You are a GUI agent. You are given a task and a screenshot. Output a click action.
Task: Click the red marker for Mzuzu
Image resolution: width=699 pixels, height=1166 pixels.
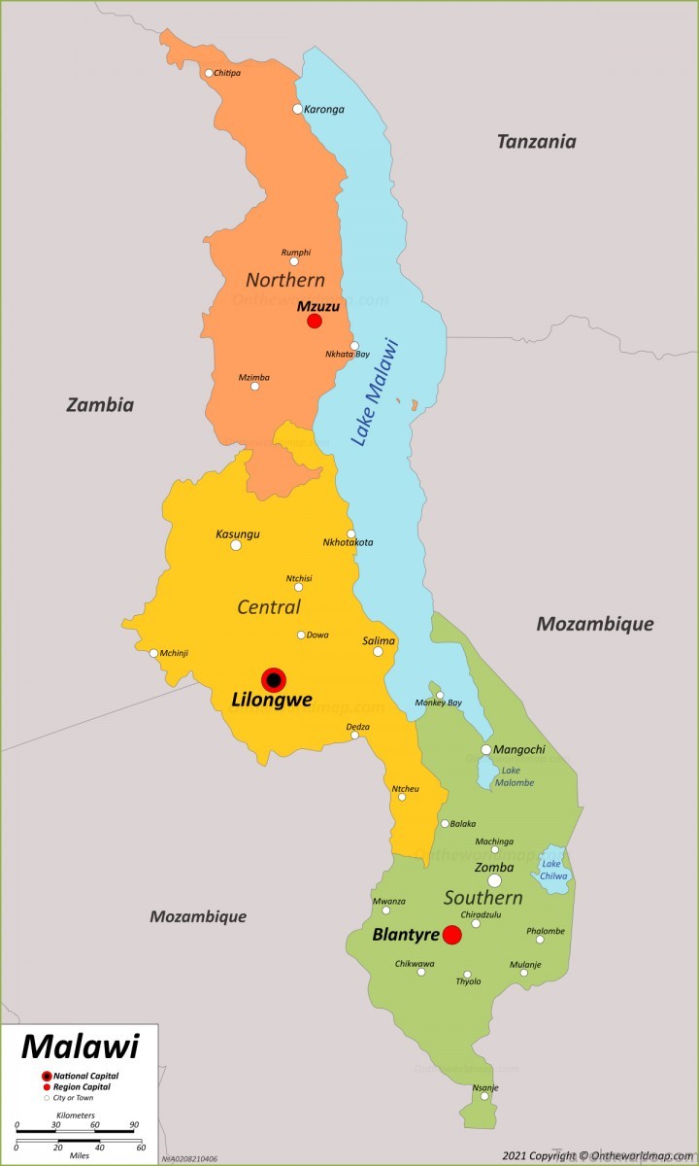(x=315, y=321)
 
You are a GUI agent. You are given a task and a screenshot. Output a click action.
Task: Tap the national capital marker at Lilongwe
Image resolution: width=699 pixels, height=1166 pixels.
(x=274, y=680)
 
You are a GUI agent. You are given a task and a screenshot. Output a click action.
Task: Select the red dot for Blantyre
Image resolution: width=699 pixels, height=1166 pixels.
(x=451, y=935)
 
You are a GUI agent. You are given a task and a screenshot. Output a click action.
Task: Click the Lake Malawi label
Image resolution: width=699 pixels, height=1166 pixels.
(x=375, y=392)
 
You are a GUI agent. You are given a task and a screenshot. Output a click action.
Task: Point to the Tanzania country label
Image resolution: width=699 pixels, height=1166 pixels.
(x=536, y=142)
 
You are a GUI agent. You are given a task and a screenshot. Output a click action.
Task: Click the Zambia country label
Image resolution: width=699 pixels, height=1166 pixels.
(x=100, y=405)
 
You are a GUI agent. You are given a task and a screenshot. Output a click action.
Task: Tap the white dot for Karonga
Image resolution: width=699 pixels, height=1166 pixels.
(x=298, y=109)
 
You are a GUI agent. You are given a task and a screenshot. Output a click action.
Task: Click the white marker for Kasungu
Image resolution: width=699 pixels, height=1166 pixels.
(x=236, y=545)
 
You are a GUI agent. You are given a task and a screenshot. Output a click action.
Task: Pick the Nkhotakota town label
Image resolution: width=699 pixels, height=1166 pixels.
(x=348, y=542)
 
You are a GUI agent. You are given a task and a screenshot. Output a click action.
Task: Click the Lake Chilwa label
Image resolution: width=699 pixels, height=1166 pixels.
(x=553, y=870)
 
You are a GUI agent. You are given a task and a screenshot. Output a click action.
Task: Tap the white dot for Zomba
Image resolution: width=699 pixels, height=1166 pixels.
(x=494, y=880)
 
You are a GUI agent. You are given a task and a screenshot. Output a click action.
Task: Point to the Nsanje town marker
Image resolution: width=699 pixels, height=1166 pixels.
(x=483, y=1096)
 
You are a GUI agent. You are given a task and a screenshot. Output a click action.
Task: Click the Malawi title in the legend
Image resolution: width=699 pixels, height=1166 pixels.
(x=80, y=1046)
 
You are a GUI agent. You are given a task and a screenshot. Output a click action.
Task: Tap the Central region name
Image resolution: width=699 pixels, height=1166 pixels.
(x=269, y=607)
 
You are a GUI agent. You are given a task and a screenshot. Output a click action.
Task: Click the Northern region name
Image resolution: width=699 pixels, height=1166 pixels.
(x=285, y=280)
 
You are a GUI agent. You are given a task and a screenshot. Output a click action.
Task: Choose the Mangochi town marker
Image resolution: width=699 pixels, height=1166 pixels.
(x=486, y=749)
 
